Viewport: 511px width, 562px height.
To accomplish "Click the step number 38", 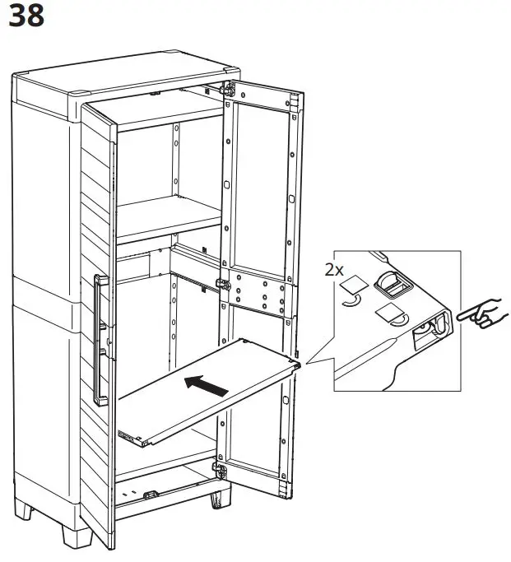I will [26, 17].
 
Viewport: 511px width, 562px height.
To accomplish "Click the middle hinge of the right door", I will [221, 284].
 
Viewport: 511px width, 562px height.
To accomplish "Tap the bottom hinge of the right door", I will [220, 471].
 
